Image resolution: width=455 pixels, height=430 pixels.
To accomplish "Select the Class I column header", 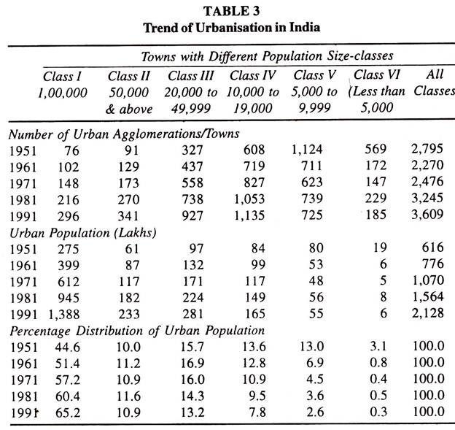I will (61, 76).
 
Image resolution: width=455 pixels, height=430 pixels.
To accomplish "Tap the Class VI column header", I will (378, 75).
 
